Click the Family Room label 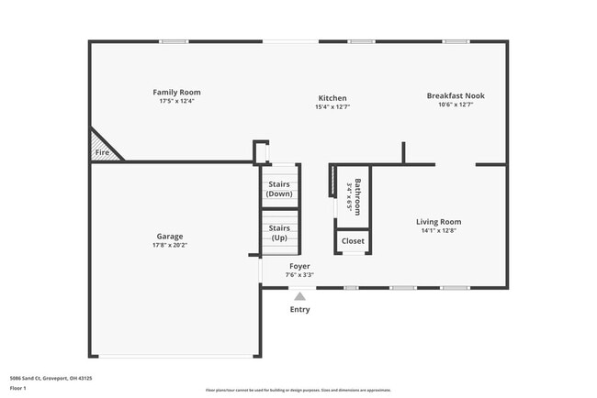[176, 92]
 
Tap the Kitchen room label [332, 98]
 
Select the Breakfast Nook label [456, 95]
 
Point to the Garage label [170, 236]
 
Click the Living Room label [438, 221]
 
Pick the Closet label [353, 241]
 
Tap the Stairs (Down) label [278, 189]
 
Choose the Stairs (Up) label [278, 232]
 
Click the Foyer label [299, 266]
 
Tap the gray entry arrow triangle [299, 295]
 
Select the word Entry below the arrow [299, 309]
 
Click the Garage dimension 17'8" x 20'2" [170, 245]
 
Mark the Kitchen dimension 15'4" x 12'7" [332, 107]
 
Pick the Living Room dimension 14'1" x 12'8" [438, 230]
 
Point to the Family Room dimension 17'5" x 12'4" [176, 101]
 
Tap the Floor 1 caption [18, 389]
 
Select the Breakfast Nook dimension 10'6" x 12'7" [456, 105]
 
